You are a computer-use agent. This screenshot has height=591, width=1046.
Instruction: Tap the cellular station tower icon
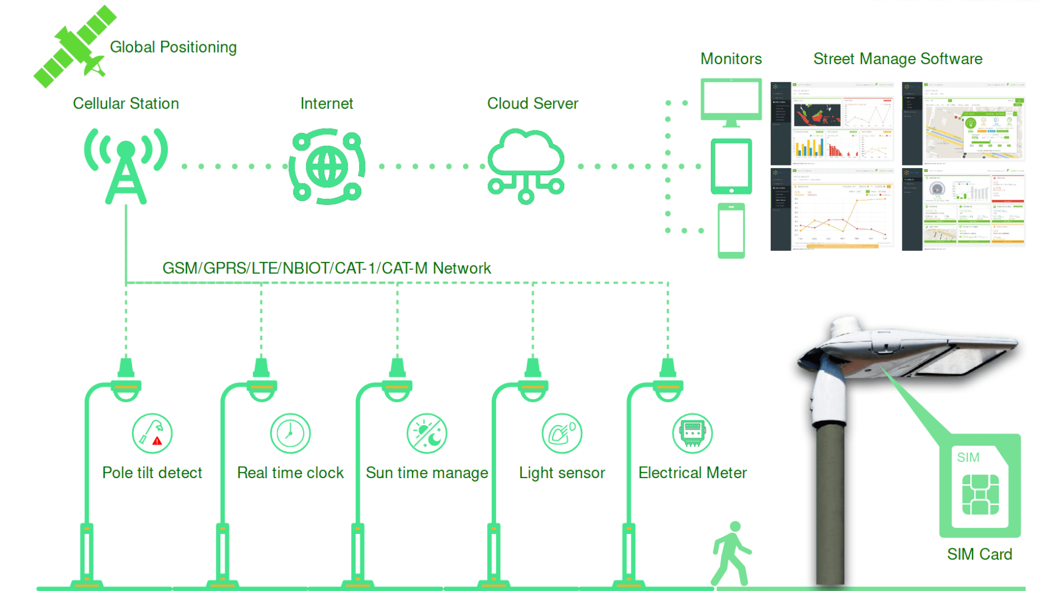coord(126,166)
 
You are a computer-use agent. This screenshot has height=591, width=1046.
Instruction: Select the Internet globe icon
coord(327,166)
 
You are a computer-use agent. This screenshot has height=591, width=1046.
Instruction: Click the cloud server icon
coord(526,166)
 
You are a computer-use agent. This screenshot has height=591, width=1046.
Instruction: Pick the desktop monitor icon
coord(731,102)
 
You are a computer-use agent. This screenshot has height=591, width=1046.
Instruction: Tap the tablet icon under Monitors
coord(731,166)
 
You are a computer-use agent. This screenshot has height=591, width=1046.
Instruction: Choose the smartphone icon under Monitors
coord(731,230)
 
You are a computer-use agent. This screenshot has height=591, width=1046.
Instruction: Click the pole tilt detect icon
coord(152,433)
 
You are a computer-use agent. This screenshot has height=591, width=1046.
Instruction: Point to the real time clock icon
coord(290,433)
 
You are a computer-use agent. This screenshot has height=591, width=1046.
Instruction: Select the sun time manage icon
coord(427,433)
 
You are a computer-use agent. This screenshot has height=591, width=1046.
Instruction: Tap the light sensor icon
coord(561,433)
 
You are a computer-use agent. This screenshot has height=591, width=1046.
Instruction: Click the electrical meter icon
coord(692,433)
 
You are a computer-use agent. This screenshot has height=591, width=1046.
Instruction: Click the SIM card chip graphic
coord(980,495)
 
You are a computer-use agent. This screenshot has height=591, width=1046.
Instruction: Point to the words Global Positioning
coord(173,47)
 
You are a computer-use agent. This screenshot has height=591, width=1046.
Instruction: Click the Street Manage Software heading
coord(897,59)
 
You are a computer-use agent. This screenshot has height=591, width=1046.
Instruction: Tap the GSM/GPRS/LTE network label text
coord(326,268)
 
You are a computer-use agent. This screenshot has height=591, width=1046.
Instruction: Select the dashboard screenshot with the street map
coord(963,123)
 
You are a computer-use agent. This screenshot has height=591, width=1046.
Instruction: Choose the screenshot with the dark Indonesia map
coord(832,123)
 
